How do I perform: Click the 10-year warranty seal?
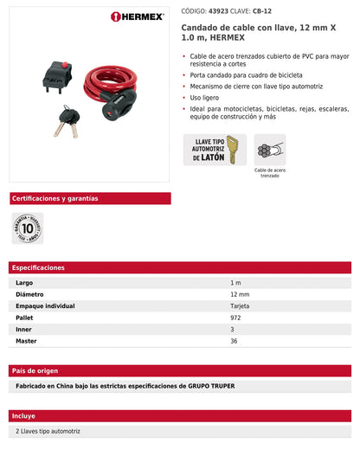28,228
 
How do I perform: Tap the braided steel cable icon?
271,150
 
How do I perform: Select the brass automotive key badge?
215,150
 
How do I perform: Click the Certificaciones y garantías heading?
55,198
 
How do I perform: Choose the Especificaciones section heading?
39,268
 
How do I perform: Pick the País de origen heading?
35,370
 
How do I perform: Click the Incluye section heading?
24,415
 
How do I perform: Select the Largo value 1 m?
235,283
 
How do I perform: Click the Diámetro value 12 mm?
240,294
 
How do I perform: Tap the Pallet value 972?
236,318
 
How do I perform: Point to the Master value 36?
234,341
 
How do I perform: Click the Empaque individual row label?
46,306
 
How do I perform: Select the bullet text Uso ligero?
209,98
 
